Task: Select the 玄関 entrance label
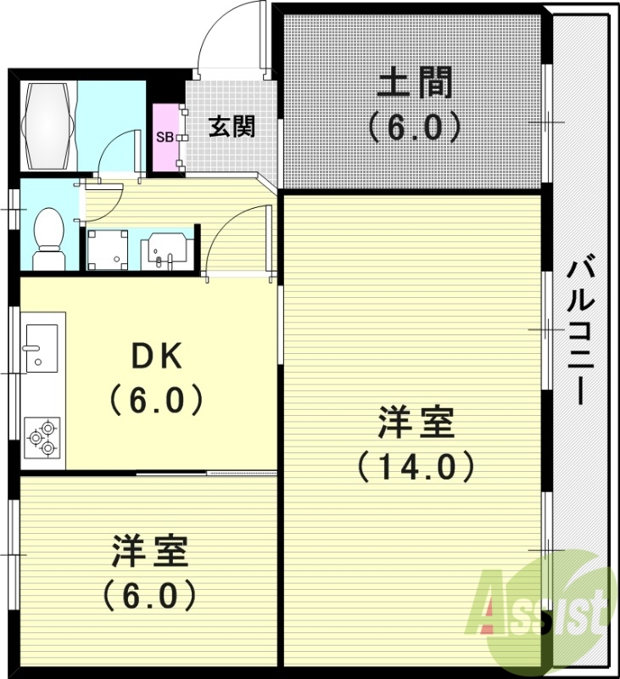[x=231, y=127]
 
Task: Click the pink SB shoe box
[x=165, y=137]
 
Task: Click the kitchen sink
[x=40, y=347]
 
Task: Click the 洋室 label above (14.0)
[x=416, y=422]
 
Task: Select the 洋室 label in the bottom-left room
[x=149, y=553]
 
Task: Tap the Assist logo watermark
[x=539, y=604]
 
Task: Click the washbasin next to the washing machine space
[x=165, y=248]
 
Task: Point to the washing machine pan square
[x=107, y=248]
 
